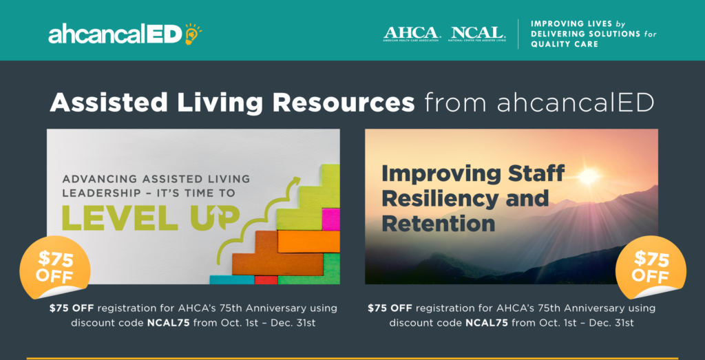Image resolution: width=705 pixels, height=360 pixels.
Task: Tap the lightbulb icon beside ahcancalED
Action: click(192, 33)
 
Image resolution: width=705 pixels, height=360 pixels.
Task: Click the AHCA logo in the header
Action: click(411, 33)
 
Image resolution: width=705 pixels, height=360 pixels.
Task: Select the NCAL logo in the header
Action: click(478, 33)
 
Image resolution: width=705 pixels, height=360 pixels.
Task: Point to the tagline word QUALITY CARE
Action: click(564, 44)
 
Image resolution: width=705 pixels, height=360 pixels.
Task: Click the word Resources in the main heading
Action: click(344, 103)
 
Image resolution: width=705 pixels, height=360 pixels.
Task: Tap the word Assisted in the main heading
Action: click(109, 103)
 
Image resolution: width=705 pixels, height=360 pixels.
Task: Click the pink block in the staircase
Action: click(330, 220)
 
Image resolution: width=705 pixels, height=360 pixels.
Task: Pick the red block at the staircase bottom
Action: click(266, 279)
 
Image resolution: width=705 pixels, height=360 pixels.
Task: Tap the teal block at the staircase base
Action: click(231, 279)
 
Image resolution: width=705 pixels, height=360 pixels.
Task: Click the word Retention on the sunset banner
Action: click(439, 223)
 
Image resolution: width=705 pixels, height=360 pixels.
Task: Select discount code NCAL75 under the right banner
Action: click(487, 322)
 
